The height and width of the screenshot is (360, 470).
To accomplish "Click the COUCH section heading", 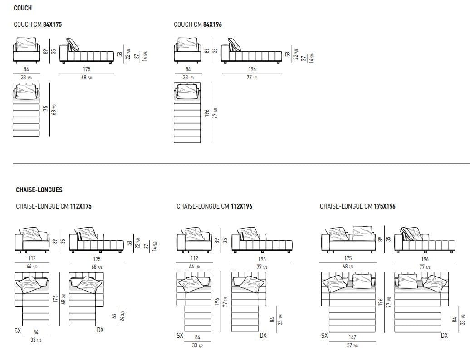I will click(x=23, y=8).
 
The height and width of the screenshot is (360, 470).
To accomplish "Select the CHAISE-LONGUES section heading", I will click(x=39, y=190).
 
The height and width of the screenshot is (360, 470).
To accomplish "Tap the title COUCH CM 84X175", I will click(x=38, y=24).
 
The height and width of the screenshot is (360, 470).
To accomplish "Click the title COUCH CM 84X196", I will click(x=198, y=24).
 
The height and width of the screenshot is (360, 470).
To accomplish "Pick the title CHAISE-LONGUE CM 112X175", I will click(x=54, y=206).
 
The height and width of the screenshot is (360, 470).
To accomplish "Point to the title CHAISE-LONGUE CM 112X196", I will click(x=214, y=206).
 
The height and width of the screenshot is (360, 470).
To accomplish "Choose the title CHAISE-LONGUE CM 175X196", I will click(x=357, y=206).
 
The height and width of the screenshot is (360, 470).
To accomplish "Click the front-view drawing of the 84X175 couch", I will click(x=26, y=51).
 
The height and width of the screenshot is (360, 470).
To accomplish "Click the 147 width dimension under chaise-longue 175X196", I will click(x=352, y=337).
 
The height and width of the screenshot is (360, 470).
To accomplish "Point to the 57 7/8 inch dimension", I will click(x=352, y=346).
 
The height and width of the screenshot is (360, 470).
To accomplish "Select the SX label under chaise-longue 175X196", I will click(x=324, y=336).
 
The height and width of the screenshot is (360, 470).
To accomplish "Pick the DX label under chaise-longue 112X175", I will click(x=100, y=330).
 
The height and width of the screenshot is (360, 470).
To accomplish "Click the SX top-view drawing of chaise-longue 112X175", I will click(x=32, y=297).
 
